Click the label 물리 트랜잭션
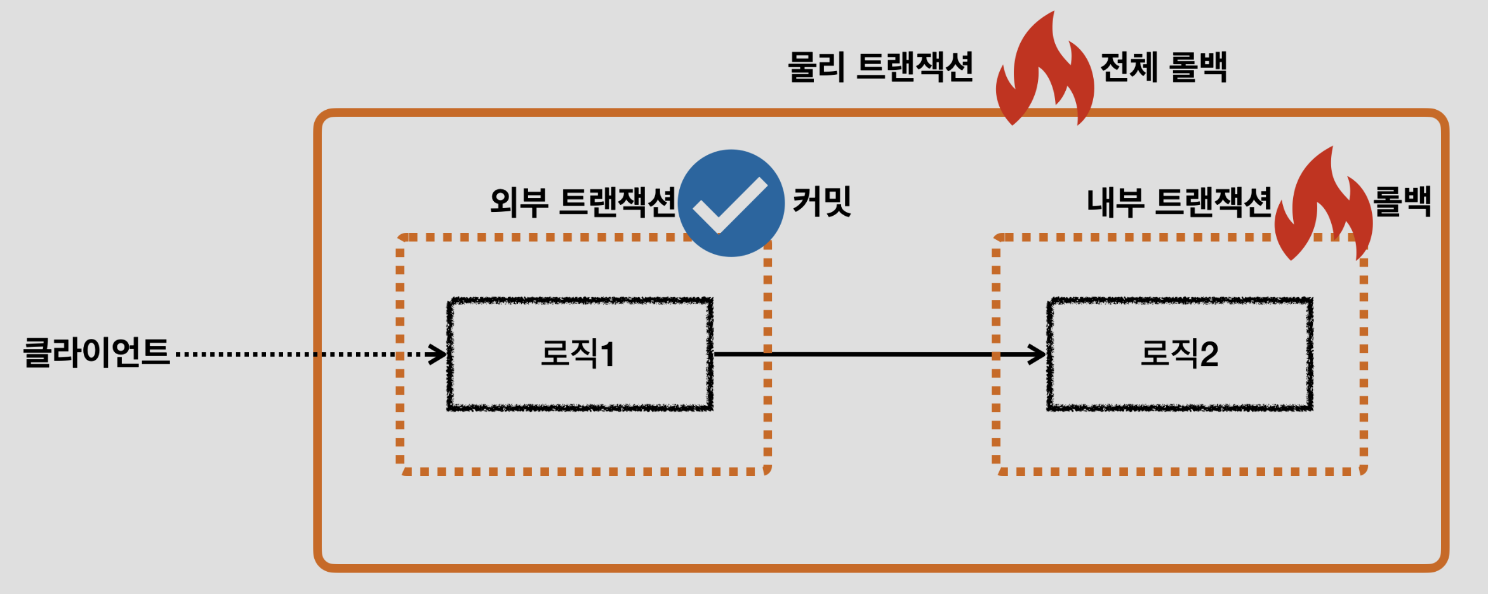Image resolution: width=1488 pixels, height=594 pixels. coord(880,67)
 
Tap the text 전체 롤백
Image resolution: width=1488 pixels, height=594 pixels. coord(1163,67)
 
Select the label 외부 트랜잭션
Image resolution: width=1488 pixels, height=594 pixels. coord(583,202)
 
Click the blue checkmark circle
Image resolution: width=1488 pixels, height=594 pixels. coord(731,203)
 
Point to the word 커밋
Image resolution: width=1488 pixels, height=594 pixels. coord(821,202)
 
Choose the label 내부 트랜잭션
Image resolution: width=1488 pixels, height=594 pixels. coord(1179,202)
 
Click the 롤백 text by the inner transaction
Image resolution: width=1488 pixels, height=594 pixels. coord(1402,202)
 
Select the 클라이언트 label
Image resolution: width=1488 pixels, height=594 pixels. coord(96,353)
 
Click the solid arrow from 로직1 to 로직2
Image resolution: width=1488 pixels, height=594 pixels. coord(876,354)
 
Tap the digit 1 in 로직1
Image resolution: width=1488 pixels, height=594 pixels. coord(608,354)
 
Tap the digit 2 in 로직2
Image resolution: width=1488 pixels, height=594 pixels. coord(1209,354)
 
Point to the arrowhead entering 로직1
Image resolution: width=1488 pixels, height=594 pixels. coord(438,354)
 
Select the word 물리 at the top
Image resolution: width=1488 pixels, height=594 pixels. coord(816,67)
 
